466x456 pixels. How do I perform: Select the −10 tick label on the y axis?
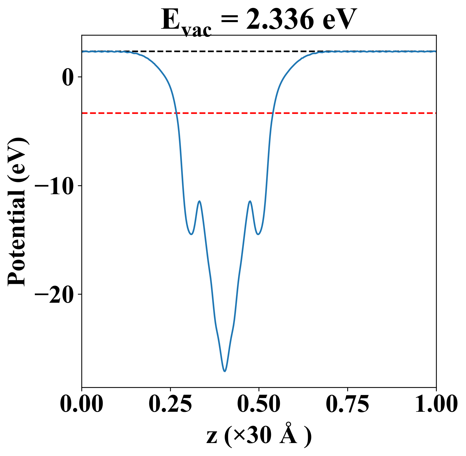[54, 186]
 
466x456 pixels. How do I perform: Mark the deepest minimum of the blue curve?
[225, 371]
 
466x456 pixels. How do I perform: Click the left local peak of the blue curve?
[200, 201]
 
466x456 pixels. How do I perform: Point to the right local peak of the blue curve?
[250, 201]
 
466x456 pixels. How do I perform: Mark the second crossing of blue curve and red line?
[273, 113]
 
